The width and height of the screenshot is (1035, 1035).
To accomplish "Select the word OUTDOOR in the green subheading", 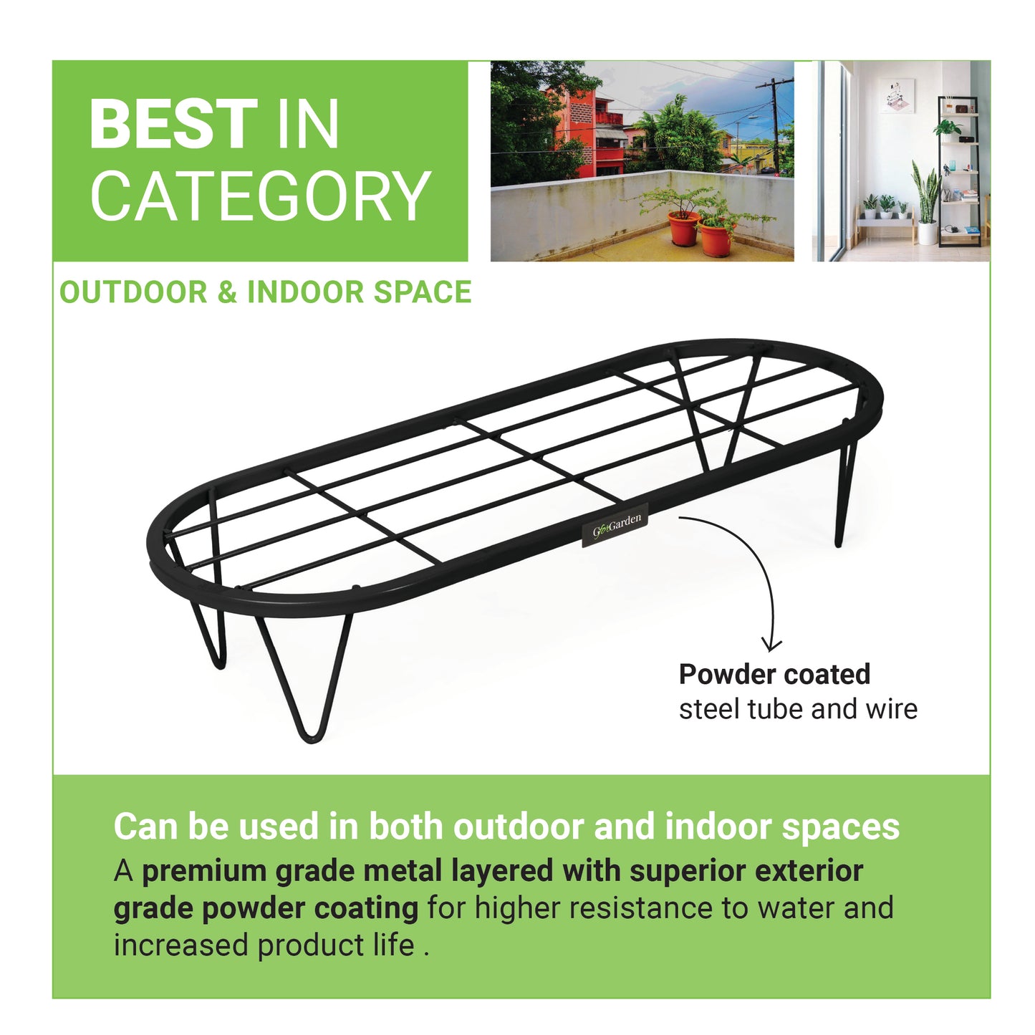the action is tap(133, 292).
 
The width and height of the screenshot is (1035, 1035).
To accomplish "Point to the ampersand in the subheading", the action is tap(227, 292).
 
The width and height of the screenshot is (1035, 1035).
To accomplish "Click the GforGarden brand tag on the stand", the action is tap(615, 524).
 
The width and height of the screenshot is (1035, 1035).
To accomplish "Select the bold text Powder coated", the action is tap(774, 675).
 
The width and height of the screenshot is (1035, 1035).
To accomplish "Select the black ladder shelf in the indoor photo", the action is tap(959, 170).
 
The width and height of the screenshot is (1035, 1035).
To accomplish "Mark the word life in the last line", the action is tap(394, 945).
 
